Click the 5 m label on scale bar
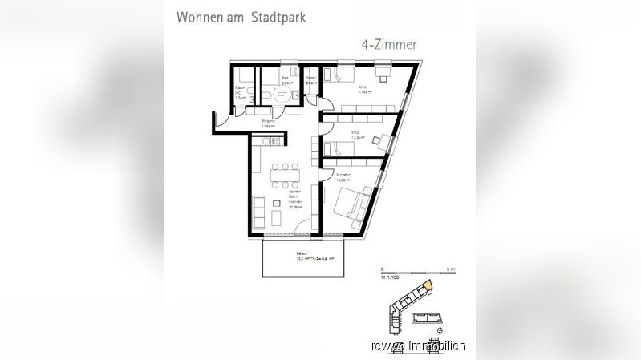(451, 269)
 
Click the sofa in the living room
(258, 212)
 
